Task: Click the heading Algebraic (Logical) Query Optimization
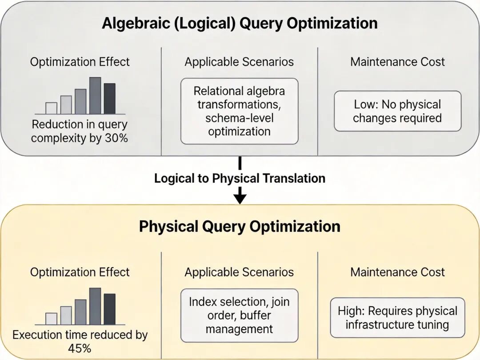tap(240, 23)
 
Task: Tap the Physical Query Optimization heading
tap(240, 226)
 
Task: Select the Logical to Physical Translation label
tap(240, 178)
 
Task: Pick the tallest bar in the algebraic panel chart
tap(95, 96)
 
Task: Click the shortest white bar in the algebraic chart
tap(52, 108)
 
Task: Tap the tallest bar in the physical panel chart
tap(95, 306)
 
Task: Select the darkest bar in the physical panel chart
tap(109, 309)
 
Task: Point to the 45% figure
tap(80, 348)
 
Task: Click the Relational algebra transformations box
tap(239, 111)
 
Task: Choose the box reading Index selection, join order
tap(239, 315)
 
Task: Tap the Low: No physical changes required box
tap(397, 111)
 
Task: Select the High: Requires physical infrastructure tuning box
tap(397, 318)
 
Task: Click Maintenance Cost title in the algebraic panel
tap(397, 62)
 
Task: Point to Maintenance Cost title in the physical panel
tap(397, 272)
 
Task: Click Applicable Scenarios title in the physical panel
tap(239, 272)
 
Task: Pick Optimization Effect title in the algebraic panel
tap(80, 62)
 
